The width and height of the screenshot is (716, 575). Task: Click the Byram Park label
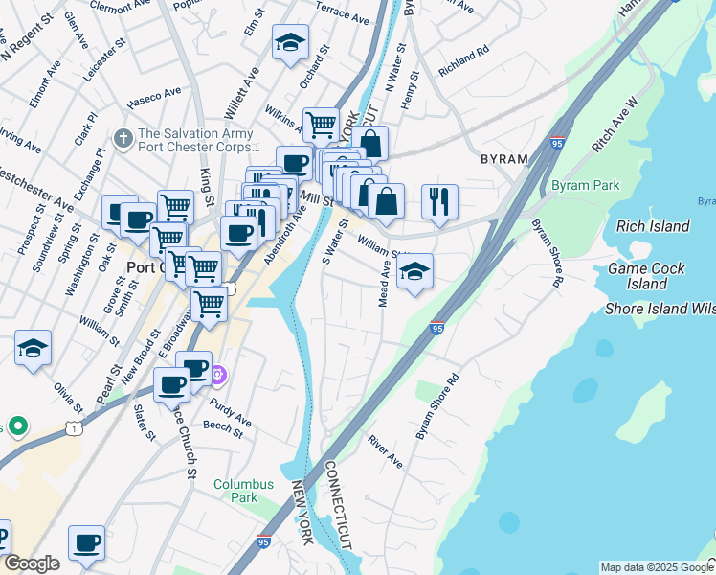[x=585, y=185]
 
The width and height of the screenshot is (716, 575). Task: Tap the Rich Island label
[x=653, y=226]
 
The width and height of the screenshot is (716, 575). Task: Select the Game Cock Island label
[x=647, y=276]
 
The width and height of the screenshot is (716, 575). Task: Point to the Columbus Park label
[x=243, y=491]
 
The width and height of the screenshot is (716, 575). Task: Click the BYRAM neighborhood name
[x=503, y=157]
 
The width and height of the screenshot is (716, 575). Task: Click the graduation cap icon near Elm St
[x=290, y=43]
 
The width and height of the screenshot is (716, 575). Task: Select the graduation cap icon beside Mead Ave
[x=414, y=272]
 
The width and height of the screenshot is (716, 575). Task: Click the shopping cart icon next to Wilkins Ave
[x=322, y=125]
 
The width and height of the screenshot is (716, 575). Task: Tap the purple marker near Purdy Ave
[x=219, y=373]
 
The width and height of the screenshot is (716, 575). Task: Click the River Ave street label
[x=386, y=451]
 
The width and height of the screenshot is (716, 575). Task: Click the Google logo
[x=31, y=563]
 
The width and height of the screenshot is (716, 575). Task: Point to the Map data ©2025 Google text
[x=657, y=567]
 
